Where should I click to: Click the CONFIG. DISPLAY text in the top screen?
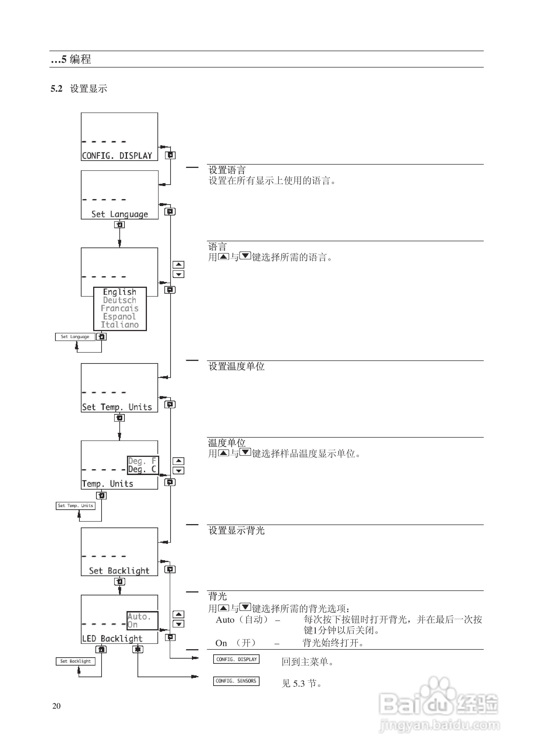coord(117,156)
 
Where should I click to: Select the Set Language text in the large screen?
coord(120,214)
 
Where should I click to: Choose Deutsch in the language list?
coord(120,300)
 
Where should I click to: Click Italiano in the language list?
coord(120,325)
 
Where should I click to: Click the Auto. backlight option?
coord(139,616)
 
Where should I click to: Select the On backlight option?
coord(133,625)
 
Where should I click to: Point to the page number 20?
coord(56,706)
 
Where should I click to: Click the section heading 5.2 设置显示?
coord(79,89)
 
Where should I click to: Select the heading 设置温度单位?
coord(236,366)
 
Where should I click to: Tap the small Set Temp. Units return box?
coord(75,506)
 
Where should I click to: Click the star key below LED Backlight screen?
coord(138,649)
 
